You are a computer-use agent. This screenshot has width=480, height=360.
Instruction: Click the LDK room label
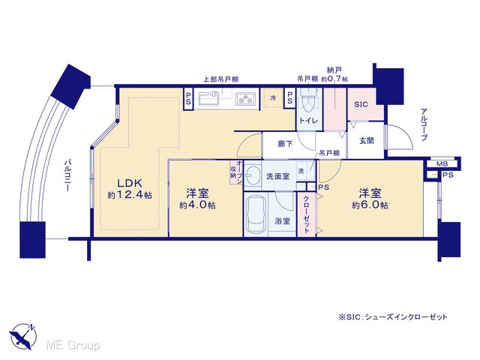[130, 183]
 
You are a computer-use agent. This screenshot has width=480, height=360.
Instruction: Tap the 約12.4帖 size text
[130, 195]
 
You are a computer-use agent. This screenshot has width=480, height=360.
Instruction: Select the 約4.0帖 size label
[197, 205]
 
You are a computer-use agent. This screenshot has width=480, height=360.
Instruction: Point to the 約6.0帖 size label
[370, 205]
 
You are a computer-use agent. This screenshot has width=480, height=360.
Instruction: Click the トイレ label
[308, 121]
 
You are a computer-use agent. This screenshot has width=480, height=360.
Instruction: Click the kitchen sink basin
[208, 99]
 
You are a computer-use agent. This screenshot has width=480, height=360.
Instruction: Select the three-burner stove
[245, 98]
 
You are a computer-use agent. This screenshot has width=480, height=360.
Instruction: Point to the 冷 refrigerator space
[273, 98]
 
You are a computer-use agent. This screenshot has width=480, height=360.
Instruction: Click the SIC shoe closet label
[361, 104]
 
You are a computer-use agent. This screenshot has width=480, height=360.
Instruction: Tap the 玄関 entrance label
[367, 141]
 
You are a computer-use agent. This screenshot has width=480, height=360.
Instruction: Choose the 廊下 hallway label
[285, 143]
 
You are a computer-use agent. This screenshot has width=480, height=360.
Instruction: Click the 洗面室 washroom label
[278, 176]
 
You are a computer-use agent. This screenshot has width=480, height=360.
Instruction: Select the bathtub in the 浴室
[255, 214]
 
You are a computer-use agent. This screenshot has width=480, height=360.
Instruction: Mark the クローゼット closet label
[306, 214]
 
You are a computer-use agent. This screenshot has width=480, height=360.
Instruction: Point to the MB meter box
[442, 163]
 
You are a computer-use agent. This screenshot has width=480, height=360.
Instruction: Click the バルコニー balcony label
[67, 175]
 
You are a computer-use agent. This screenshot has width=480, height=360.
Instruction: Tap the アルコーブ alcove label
[424, 124]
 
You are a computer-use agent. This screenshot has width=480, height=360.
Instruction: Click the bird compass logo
[23, 336]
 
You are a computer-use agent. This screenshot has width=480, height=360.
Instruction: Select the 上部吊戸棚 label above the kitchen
[221, 79]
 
